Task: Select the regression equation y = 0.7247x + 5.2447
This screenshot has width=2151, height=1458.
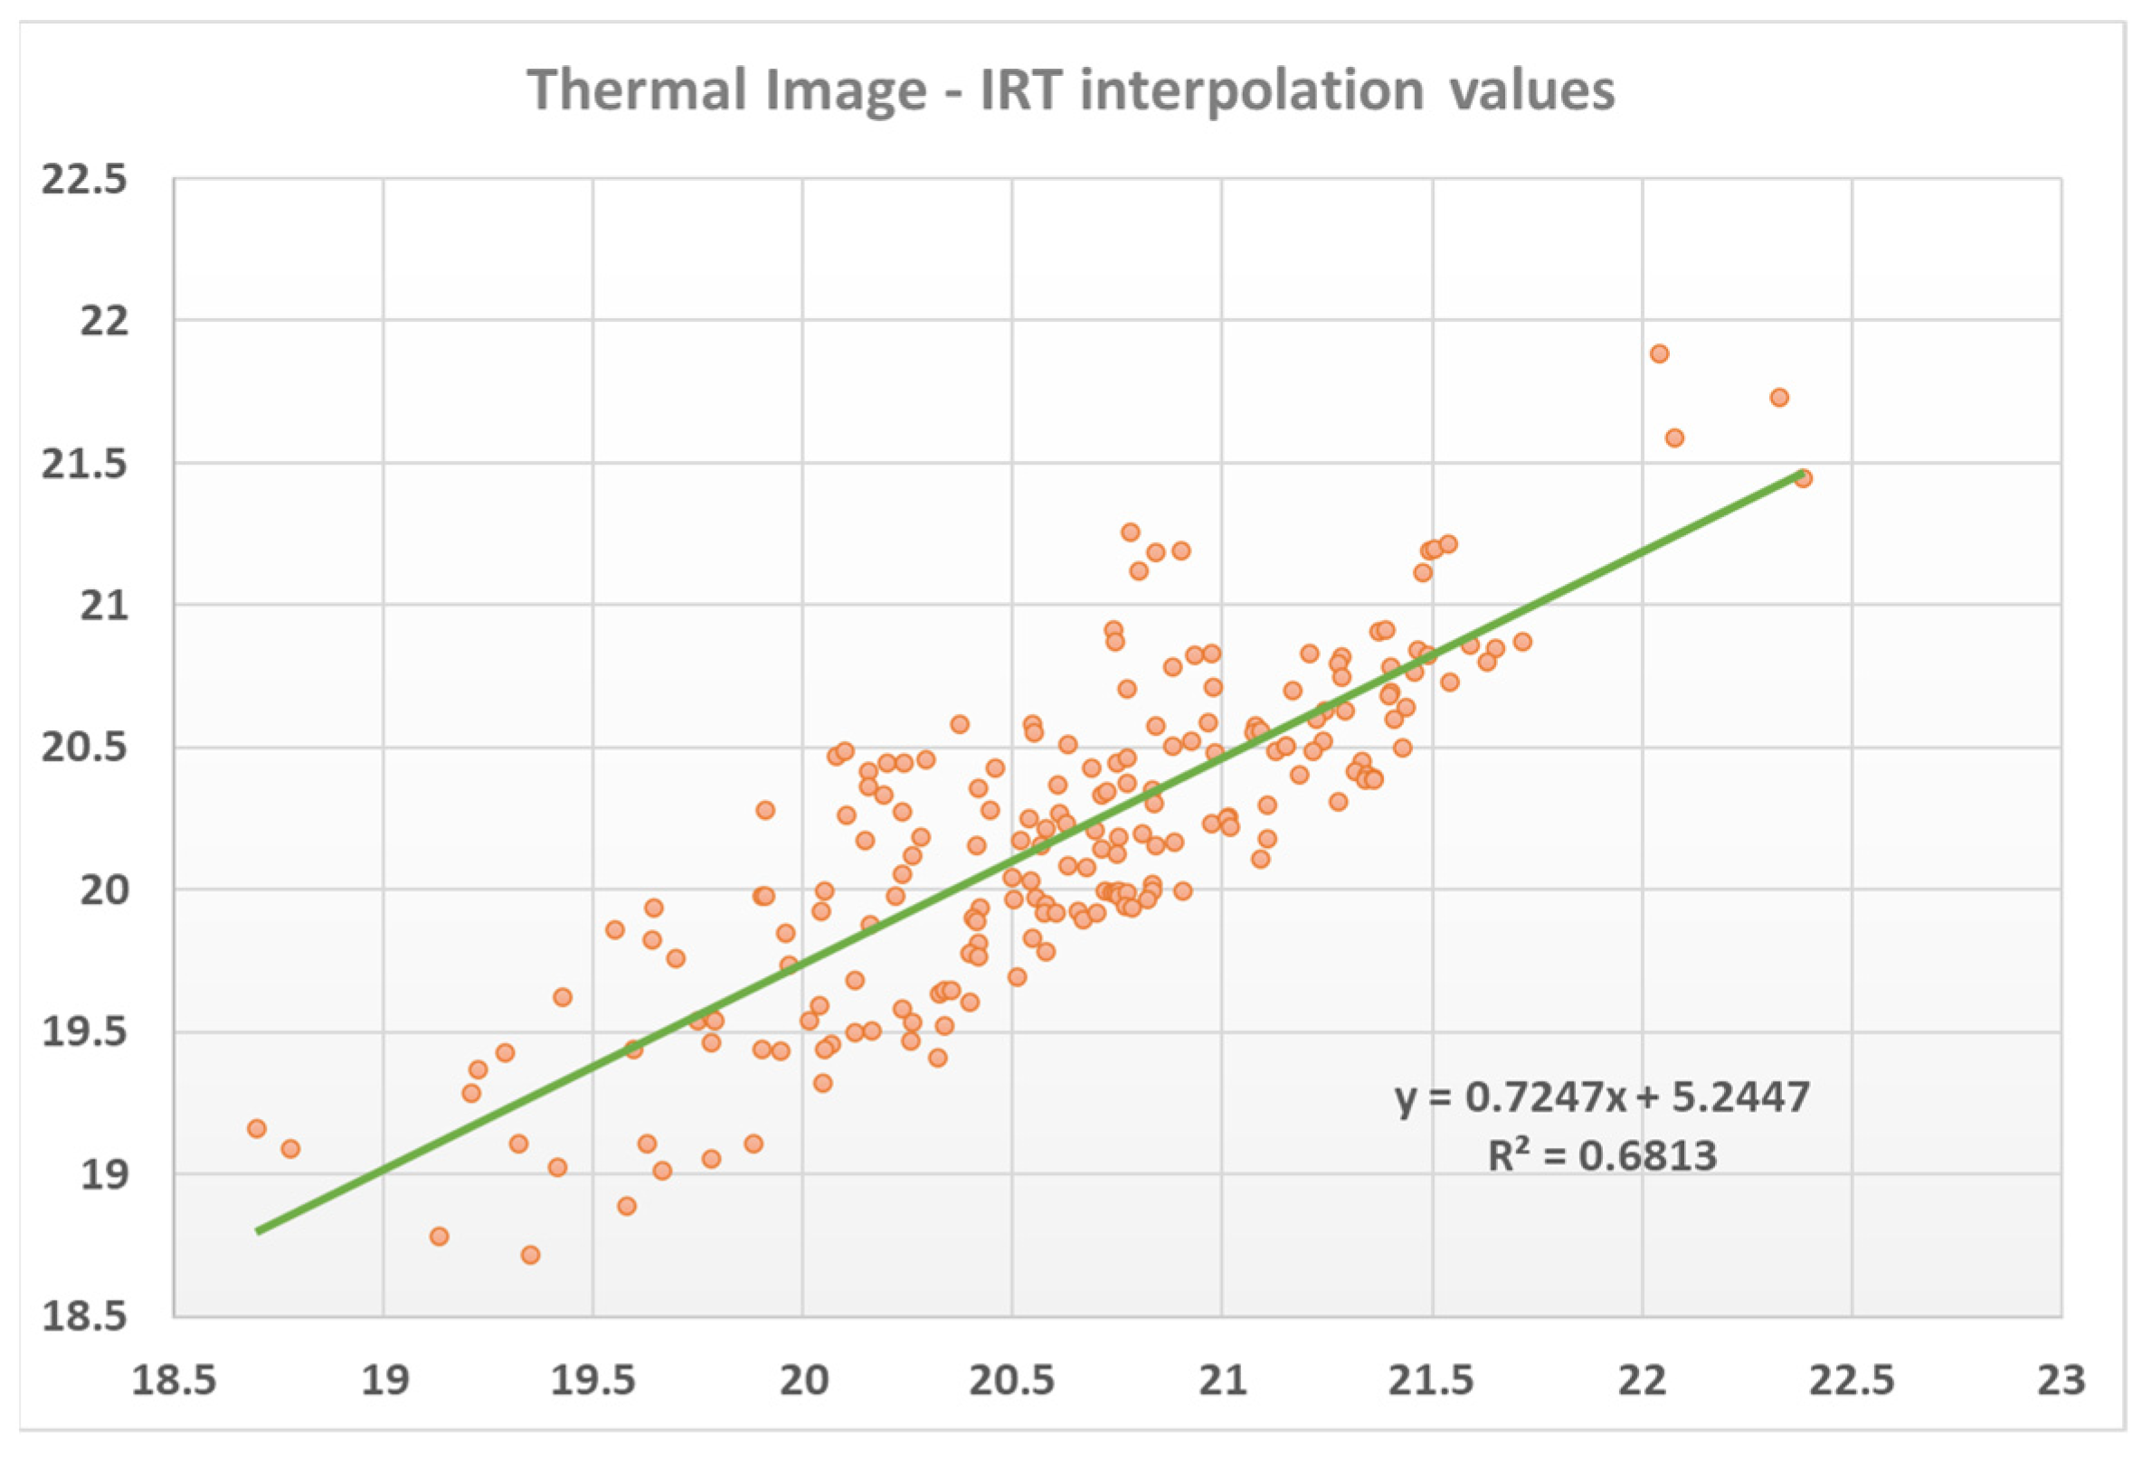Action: pos(1602,1097)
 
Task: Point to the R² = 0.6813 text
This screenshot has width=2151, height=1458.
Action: pos(1602,1155)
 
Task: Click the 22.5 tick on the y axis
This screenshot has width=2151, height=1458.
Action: pos(84,180)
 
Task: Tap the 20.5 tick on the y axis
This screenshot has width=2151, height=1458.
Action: pos(84,748)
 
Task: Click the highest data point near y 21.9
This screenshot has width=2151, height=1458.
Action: pos(1660,353)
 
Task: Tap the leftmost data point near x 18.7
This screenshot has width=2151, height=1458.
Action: pos(257,1129)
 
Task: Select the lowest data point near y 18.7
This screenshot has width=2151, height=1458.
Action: pos(530,1255)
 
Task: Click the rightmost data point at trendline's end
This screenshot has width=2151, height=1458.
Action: pos(1802,478)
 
